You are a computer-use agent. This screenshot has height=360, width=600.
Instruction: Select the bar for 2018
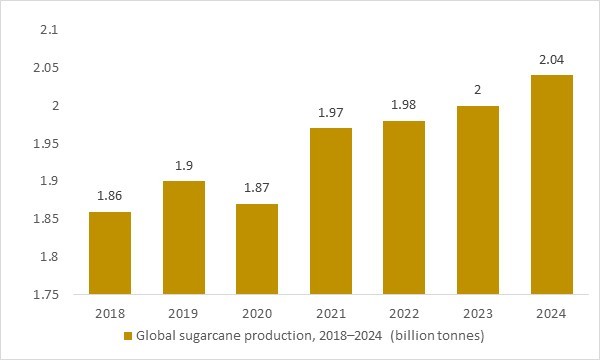109,253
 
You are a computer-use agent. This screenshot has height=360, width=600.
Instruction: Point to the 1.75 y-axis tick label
43,295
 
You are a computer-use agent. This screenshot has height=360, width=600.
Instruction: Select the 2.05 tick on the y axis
43,68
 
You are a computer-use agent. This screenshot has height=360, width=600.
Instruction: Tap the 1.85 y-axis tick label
43,219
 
